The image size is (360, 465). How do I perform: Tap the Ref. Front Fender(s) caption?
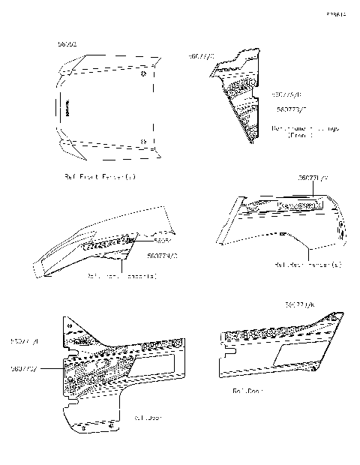pos(109,177)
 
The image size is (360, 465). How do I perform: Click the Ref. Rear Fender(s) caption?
pos(308,265)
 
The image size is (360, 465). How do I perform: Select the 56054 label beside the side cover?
pos(163,241)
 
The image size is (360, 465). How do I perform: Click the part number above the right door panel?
pos(300,305)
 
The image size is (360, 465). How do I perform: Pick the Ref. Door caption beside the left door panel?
pos(148,416)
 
